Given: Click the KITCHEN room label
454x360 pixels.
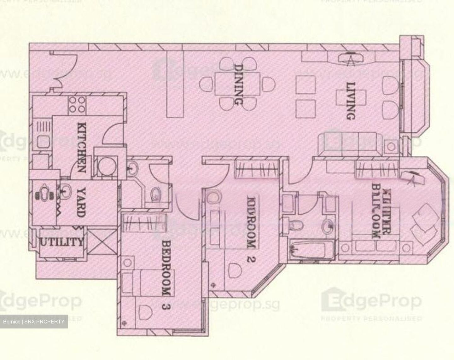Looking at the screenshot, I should point(81,147).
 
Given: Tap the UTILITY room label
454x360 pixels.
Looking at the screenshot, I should point(61,242).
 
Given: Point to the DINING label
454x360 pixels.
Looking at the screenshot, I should point(239,84).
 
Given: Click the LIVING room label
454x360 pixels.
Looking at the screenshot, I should point(351,101).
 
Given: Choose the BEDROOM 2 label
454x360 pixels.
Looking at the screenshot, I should point(251,230).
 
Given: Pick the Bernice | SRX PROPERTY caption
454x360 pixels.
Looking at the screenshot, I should point(34,322).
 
